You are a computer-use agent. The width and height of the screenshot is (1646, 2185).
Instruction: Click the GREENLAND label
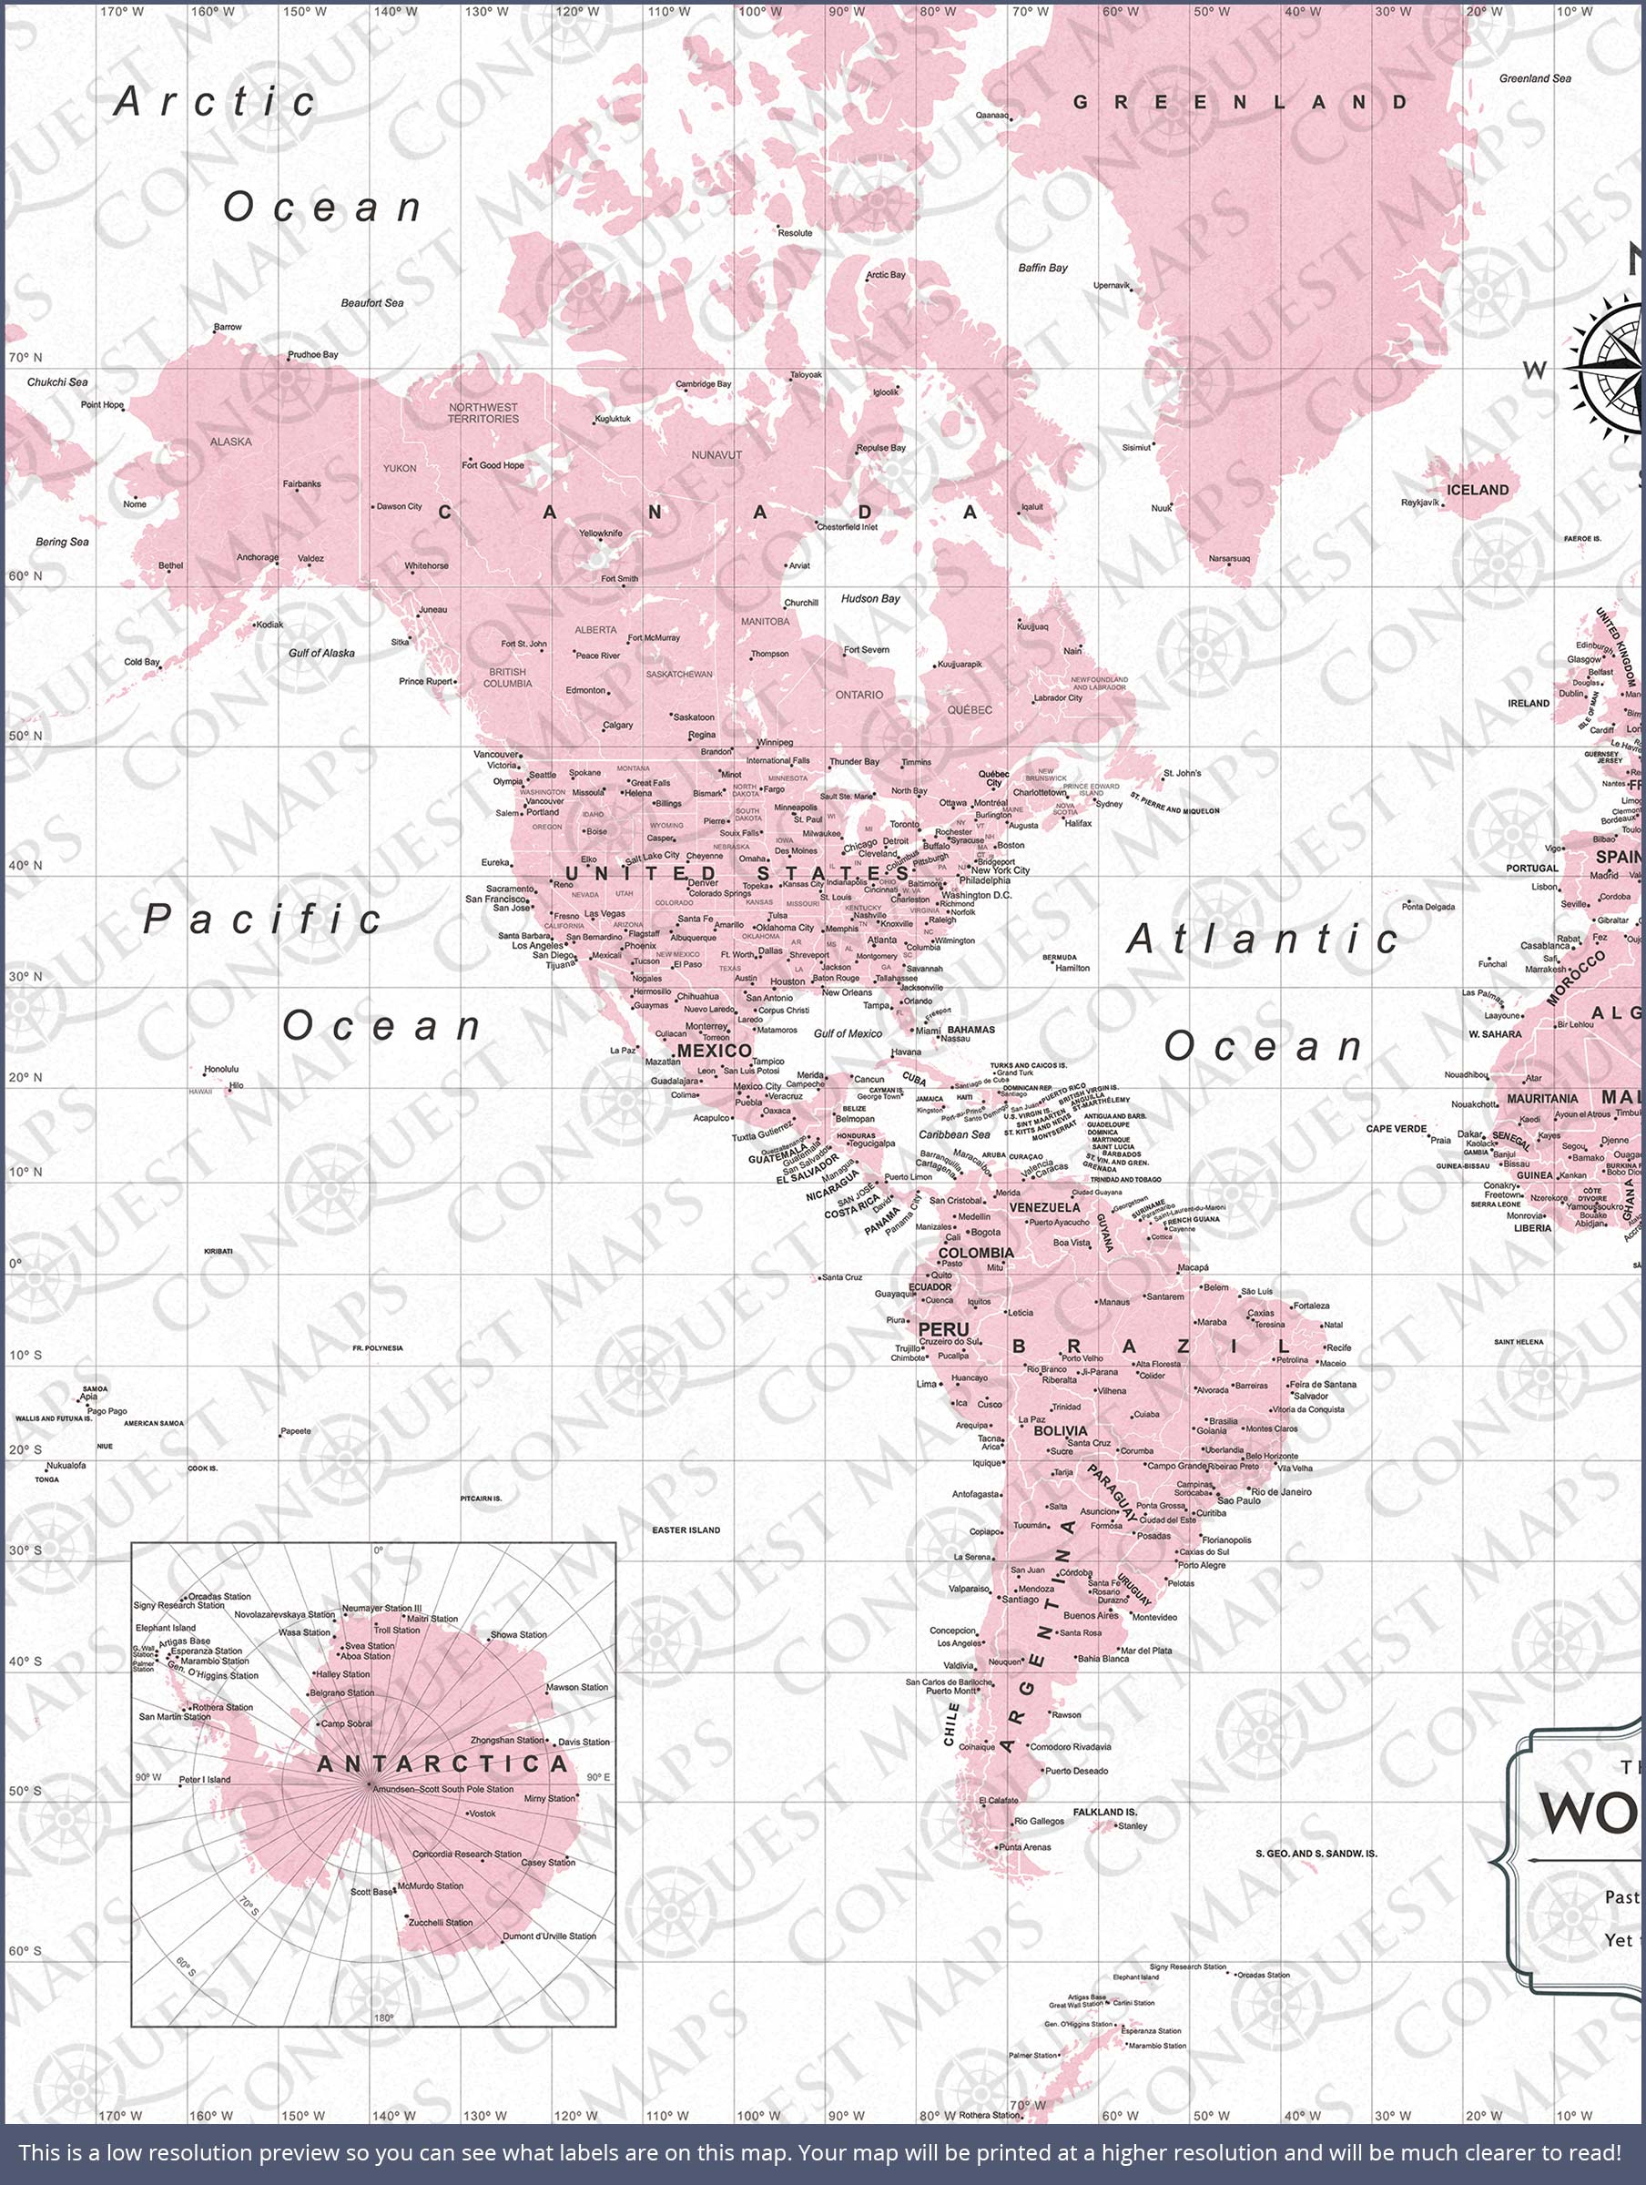1241,102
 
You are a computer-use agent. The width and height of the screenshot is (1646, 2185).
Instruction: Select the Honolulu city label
220,1069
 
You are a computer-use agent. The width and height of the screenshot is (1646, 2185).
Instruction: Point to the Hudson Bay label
870,599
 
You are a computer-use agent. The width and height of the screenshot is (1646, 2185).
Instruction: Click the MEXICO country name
715,1050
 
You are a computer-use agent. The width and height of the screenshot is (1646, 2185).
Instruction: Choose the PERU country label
943,1329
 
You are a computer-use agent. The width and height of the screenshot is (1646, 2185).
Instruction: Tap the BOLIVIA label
1060,1430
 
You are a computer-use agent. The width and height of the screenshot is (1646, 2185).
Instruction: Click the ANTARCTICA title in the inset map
442,1764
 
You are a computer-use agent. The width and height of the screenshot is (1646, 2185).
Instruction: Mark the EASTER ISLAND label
686,1530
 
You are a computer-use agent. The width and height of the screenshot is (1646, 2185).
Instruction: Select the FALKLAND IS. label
1104,1812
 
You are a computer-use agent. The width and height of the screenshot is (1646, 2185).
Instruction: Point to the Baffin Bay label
1043,268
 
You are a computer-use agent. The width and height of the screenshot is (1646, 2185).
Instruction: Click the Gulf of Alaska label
321,653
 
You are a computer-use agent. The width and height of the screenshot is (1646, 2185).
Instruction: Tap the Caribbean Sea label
954,1134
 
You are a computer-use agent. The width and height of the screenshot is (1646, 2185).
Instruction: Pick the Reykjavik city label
1419,502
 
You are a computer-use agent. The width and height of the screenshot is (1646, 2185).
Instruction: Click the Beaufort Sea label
372,302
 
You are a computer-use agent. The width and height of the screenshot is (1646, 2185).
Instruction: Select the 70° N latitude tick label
25,357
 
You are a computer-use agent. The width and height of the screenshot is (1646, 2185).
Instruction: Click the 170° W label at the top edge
120,12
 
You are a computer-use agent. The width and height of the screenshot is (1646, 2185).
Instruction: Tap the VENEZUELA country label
1044,1207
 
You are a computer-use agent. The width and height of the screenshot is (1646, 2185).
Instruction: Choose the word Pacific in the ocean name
263,919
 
